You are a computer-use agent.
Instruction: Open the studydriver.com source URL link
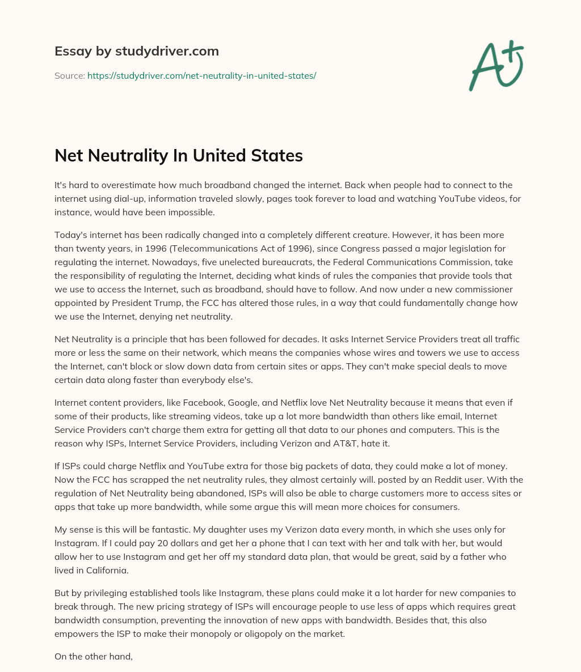pyautogui.click(x=201, y=75)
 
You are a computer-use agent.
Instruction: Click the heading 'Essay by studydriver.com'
pyautogui.click(x=137, y=51)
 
